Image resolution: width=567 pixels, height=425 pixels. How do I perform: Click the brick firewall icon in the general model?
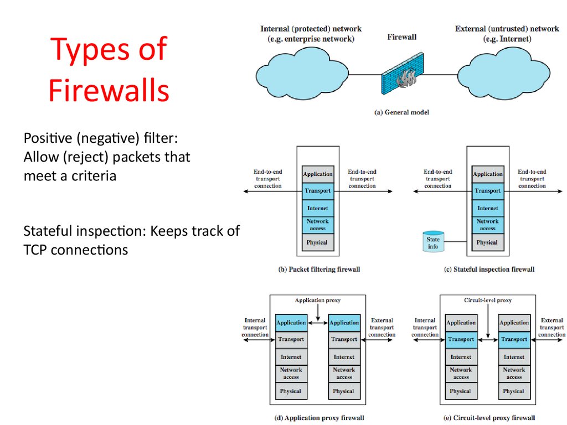401,77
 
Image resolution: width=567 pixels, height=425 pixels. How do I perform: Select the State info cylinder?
434,242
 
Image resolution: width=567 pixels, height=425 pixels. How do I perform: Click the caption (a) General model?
402,112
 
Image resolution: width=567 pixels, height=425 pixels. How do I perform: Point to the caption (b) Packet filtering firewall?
319,269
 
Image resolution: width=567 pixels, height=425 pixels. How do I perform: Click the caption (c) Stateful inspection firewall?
489,269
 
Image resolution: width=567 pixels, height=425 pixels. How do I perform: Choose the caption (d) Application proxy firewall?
319,418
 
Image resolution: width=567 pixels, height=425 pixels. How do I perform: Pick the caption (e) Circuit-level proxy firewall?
490,418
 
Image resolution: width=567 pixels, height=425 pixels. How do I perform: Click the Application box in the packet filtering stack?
318,174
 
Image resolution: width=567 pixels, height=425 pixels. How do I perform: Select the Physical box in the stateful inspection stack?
487,242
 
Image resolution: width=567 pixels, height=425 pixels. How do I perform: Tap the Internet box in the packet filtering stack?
318,208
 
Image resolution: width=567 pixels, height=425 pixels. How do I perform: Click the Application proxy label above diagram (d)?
318,300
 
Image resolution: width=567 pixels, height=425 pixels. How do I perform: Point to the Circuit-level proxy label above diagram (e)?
487,300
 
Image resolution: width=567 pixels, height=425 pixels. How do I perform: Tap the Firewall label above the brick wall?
402,37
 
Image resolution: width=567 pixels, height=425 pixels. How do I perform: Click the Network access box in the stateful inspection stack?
487,225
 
